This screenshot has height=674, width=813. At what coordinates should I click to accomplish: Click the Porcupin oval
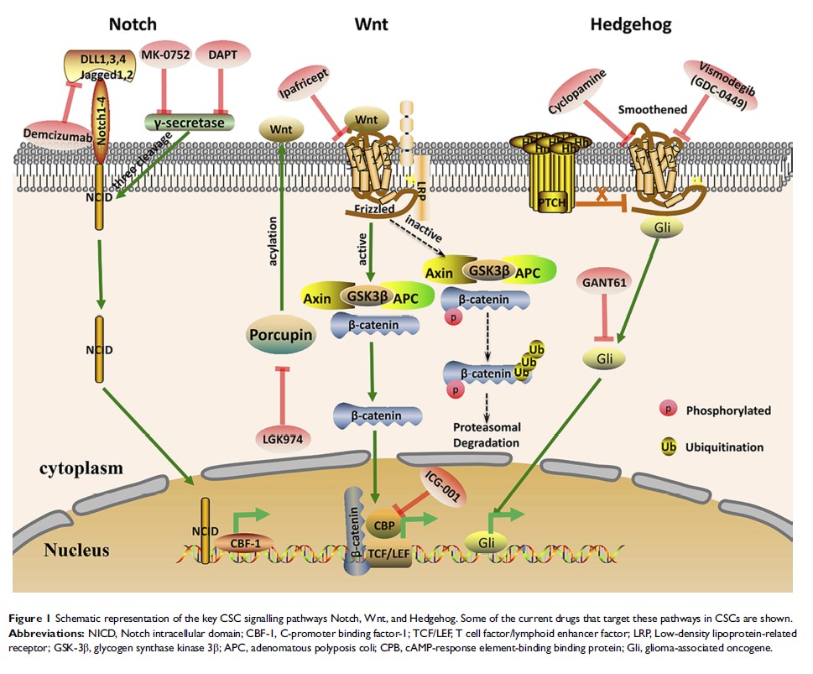pyautogui.click(x=280, y=337)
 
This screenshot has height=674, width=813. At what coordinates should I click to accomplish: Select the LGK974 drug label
pyautogui.click(x=280, y=437)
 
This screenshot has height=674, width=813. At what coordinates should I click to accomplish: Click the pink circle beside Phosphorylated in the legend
pyautogui.click(x=665, y=410)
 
